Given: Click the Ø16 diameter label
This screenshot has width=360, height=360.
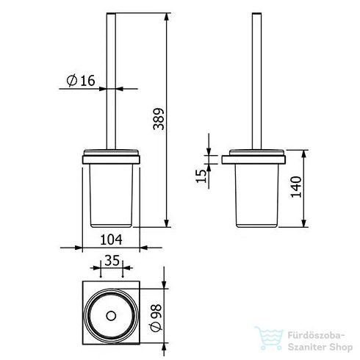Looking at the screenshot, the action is click(81, 81).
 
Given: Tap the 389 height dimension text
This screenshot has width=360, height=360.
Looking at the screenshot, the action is click(159, 119).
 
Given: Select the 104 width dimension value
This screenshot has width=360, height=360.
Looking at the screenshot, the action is click(111, 240).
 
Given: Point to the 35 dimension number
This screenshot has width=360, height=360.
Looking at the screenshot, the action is click(112, 260).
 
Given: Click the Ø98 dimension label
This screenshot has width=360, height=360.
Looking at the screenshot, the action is click(156, 317).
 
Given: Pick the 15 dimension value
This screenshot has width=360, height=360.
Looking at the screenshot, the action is click(201, 176).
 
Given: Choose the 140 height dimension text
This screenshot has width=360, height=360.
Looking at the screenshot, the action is click(296, 187).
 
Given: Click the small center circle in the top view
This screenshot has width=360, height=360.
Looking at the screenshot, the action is click(111, 316).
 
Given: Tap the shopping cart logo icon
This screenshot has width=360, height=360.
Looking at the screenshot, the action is click(269, 338).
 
